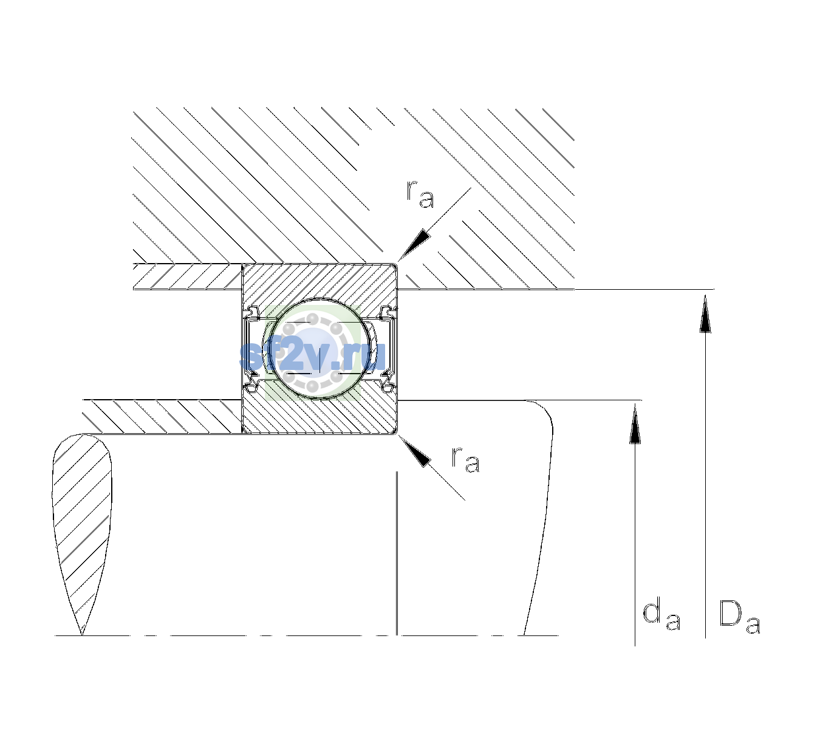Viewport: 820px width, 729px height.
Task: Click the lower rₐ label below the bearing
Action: tap(465, 459)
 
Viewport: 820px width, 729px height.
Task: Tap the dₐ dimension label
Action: tap(661, 613)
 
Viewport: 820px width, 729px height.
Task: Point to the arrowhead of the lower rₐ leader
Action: tap(414, 451)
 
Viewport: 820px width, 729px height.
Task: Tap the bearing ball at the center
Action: tap(319, 349)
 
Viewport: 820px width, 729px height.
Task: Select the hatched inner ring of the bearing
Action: tap(319, 413)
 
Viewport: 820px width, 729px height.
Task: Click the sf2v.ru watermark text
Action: tap(312, 355)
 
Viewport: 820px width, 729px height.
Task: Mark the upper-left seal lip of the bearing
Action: tap(253, 313)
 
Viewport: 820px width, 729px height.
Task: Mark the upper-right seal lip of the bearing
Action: tap(388, 313)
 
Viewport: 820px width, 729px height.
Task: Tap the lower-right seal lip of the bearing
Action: tap(388, 385)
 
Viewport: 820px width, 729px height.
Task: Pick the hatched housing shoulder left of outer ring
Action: tap(187, 276)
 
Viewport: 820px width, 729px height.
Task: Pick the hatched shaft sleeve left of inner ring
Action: tap(162, 417)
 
